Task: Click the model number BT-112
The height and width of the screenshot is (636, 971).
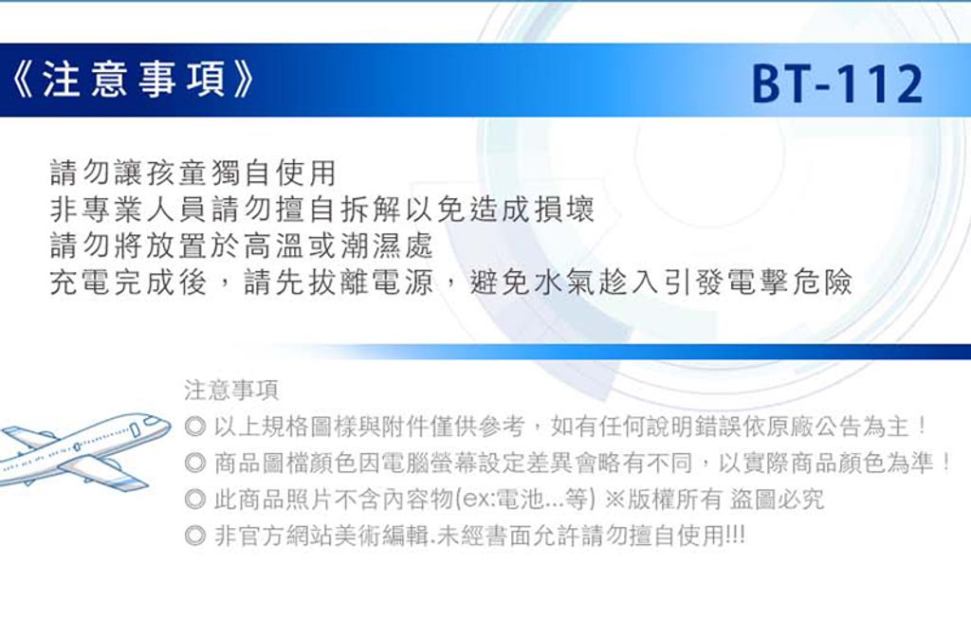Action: [837, 83]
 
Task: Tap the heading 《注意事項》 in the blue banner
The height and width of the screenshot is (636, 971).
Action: [134, 81]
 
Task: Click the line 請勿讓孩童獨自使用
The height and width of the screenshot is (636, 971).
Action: [193, 173]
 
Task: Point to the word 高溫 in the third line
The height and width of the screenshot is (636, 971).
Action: [273, 245]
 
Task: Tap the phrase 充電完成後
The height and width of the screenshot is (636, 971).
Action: [128, 282]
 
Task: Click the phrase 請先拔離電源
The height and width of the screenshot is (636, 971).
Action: [339, 282]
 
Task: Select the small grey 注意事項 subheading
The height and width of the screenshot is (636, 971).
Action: [231, 391]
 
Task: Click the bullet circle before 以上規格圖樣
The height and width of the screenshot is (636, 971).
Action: [195, 427]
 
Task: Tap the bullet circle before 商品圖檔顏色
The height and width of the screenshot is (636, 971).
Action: [195, 463]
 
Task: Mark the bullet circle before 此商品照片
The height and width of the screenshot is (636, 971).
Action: [195, 499]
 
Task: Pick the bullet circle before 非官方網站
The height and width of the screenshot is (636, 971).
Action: [195, 536]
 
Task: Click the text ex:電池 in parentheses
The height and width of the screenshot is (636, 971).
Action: [504, 500]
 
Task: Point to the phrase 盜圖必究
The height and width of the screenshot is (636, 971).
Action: [778, 500]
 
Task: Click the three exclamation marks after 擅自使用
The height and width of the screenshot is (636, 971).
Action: [735, 536]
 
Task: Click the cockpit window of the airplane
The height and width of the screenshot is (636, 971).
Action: [152, 421]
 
